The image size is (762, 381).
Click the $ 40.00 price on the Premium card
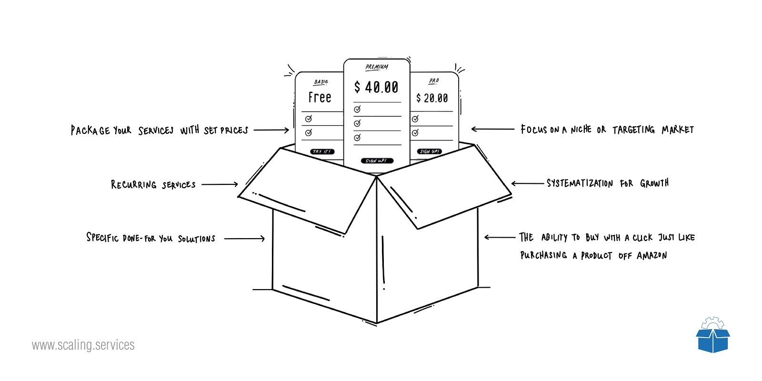[376, 87]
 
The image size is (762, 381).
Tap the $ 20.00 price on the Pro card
[432, 98]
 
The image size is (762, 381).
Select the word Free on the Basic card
[320, 97]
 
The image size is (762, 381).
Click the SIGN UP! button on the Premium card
[377, 160]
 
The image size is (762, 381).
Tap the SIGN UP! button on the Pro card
[429, 151]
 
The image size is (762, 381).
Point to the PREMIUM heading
[377, 67]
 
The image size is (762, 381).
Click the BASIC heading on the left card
[321, 82]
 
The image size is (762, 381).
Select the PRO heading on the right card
[434, 81]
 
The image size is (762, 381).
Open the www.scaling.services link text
[83, 345]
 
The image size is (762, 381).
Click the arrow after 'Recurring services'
[220, 184]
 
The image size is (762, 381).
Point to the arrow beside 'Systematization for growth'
[528, 183]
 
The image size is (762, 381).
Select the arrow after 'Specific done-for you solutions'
[244, 239]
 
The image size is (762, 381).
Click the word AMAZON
[652, 255]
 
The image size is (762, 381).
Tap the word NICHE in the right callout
[581, 129]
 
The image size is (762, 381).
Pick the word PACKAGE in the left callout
[90, 130]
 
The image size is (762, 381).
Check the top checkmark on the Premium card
[357, 109]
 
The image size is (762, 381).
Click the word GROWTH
[654, 183]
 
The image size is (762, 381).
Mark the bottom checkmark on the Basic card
[309, 133]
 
